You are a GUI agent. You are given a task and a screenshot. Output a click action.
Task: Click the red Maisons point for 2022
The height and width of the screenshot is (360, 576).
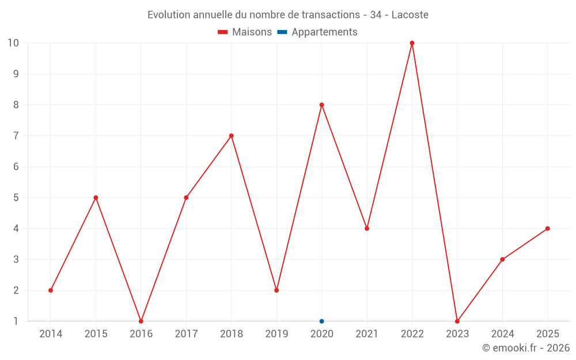click(412, 43)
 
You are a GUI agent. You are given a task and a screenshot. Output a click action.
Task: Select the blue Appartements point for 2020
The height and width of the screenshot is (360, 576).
click(321, 321)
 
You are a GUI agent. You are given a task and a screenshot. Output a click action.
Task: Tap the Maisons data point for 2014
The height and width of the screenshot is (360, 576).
click(51, 290)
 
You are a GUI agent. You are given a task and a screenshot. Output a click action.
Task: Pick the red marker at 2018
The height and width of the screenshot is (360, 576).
click(232, 136)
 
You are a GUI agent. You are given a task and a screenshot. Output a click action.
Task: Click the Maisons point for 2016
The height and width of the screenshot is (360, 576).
click(141, 321)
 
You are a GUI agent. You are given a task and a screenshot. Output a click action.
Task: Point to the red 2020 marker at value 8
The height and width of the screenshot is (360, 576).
click(321, 105)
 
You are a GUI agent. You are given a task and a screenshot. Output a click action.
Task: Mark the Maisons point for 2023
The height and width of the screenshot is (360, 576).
click(457, 321)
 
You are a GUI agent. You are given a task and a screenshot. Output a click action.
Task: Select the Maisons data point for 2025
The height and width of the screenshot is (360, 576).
click(548, 229)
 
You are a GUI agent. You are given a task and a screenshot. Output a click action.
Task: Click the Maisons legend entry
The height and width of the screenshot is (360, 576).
click(245, 32)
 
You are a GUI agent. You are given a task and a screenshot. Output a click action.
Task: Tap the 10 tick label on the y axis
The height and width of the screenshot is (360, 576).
click(13, 43)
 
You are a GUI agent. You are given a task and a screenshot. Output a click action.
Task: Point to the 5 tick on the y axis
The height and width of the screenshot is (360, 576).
click(16, 198)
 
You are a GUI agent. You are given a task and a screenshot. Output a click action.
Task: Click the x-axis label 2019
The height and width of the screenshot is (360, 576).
click(276, 334)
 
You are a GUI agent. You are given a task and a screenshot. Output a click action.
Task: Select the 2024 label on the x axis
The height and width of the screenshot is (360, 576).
click(502, 334)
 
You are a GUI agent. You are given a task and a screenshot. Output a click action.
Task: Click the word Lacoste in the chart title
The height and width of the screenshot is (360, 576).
click(410, 15)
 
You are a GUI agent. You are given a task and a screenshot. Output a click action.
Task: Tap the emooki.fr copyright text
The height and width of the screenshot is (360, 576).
click(526, 348)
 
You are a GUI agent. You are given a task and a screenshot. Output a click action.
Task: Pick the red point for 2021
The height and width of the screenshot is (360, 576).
click(367, 229)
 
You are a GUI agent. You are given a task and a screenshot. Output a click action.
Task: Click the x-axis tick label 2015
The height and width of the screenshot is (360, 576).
click(96, 334)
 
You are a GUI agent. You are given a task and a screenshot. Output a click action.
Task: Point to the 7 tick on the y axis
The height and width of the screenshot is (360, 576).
click(16, 136)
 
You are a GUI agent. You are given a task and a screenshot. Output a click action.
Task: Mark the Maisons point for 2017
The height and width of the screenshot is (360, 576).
click(186, 198)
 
